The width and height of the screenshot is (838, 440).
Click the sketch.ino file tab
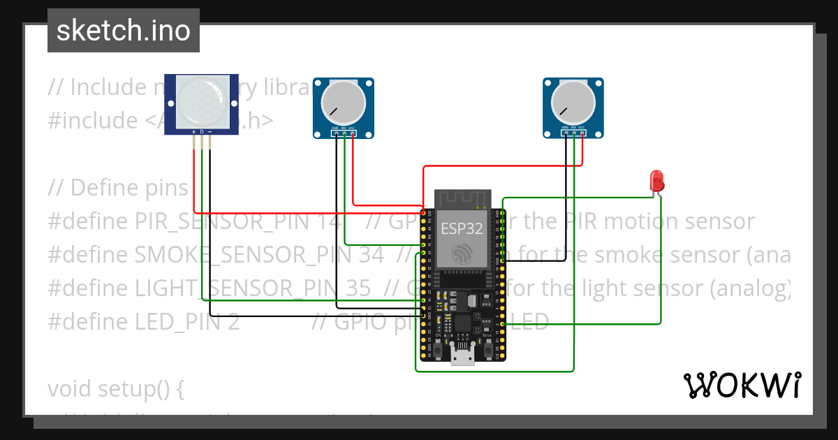click(x=123, y=31)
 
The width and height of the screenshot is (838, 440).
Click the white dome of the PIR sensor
click(x=201, y=101)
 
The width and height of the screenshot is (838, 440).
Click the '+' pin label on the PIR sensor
click(x=193, y=131)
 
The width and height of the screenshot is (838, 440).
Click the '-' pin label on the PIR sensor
click(x=209, y=131)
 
